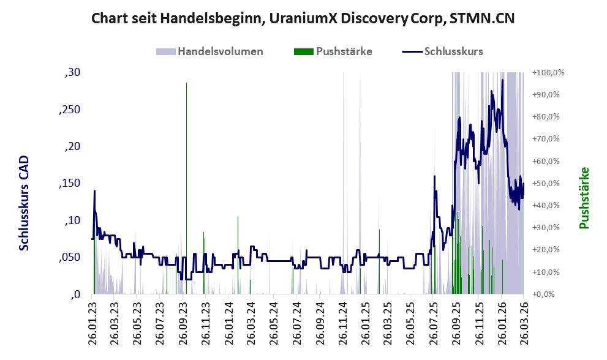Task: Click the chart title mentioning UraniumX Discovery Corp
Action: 303,18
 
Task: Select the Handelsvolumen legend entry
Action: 209,51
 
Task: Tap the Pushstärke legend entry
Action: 333,51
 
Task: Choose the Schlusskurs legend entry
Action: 442,51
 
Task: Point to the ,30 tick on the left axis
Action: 73,72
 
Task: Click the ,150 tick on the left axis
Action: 70,183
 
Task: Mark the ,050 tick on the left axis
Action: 70,257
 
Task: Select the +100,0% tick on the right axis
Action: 548,72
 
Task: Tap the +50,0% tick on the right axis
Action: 546,183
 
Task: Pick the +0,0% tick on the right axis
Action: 544,294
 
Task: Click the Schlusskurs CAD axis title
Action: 24,203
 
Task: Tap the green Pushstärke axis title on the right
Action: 584,198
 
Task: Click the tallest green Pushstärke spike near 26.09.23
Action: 187,189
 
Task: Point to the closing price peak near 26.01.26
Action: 502,80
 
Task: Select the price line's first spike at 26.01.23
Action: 94,191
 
